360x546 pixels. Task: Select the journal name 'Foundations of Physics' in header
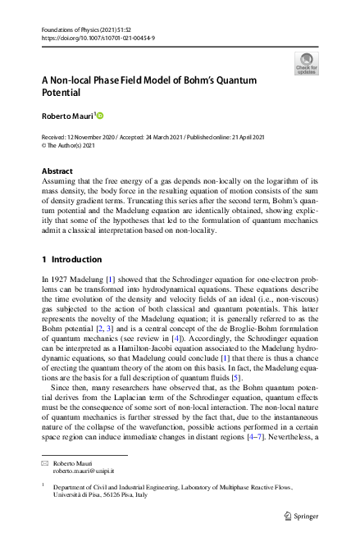74,30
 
